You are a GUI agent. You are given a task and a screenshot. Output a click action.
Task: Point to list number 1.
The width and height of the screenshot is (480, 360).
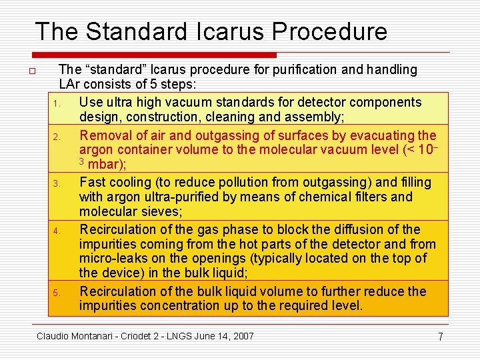[57, 103]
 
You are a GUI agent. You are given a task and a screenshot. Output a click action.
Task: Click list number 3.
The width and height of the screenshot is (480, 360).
[57, 183]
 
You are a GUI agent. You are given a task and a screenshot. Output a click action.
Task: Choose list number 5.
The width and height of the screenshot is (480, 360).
[57, 293]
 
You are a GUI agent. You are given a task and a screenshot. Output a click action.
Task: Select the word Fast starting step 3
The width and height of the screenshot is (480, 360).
[92, 182]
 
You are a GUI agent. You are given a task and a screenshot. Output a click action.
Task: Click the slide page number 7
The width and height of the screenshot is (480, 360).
[440, 337]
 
